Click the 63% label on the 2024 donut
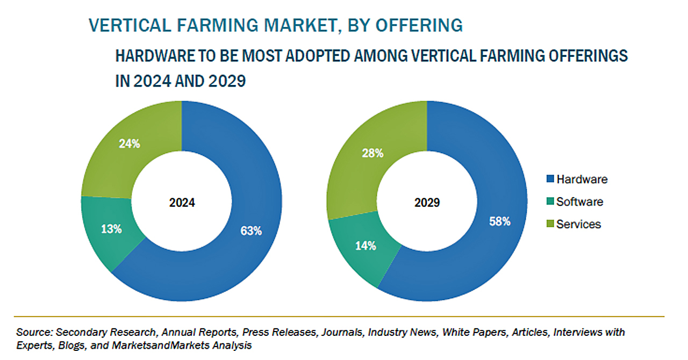[251, 231]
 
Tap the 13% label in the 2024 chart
[111, 228]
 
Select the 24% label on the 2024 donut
[129, 144]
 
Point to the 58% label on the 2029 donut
[499, 221]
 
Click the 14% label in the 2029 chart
[365, 246]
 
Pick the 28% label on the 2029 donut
[372, 153]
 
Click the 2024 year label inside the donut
[182, 203]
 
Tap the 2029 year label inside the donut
[427, 203]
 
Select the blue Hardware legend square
[549, 179]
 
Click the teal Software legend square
[549, 202]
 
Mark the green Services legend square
[549, 225]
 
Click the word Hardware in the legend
[582, 179]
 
